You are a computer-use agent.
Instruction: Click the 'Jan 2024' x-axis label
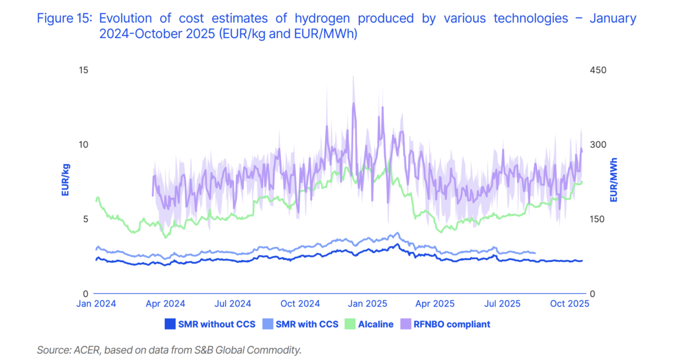click(96, 304)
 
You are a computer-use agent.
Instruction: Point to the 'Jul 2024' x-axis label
click(233, 304)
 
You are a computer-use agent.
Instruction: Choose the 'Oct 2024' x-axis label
click(300, 304)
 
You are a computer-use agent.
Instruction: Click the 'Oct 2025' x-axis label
click(569, 304)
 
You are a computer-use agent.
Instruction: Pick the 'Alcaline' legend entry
click(376, 324)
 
